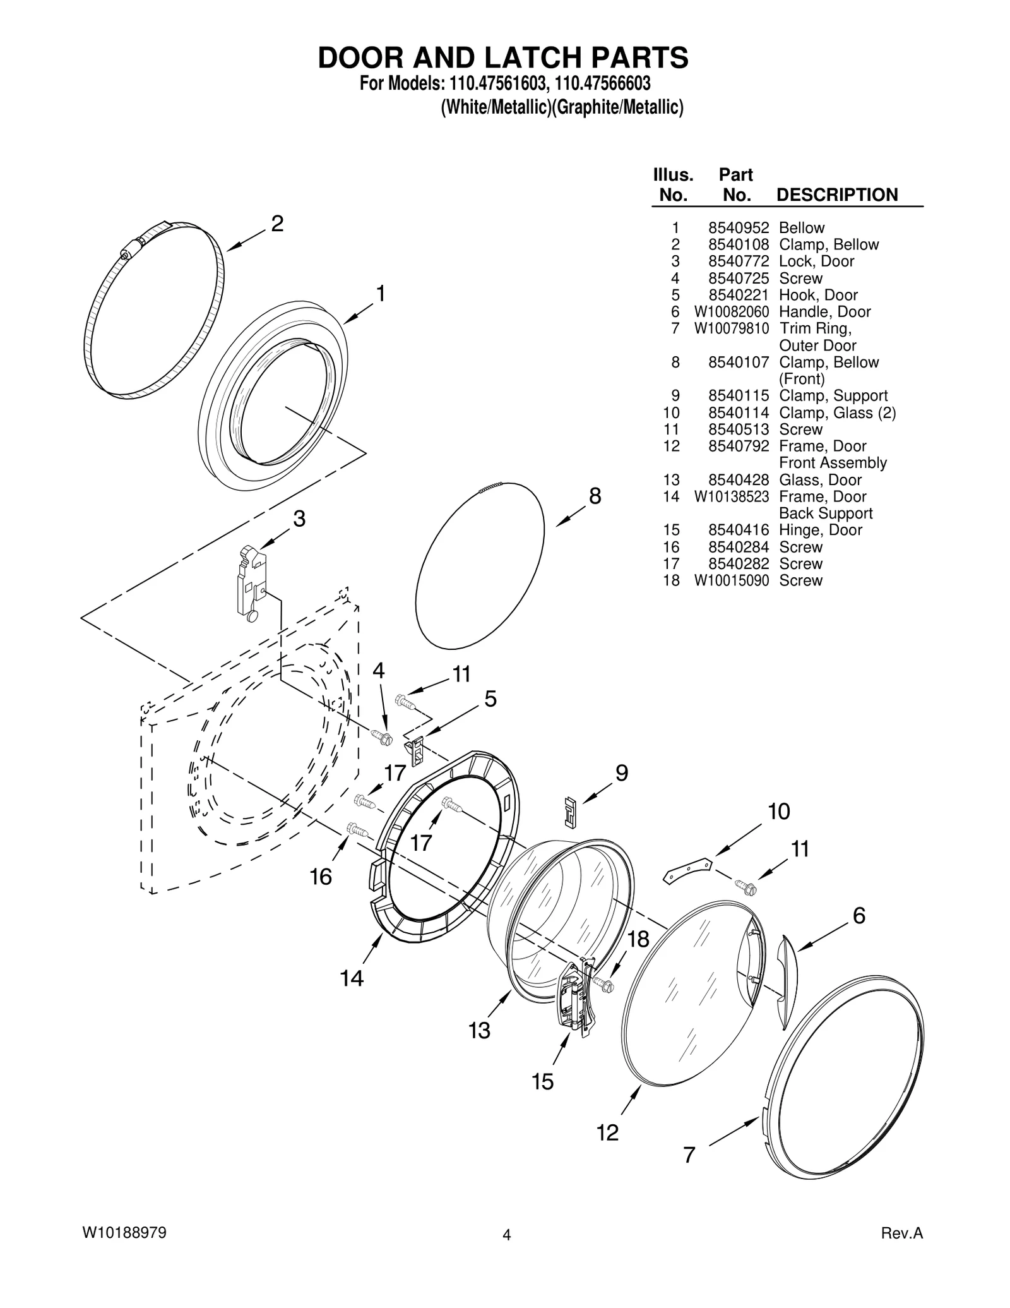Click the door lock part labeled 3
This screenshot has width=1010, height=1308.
pyautogui.click(x=249, y=582)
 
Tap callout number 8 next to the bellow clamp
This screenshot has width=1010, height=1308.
pyautogui.click(x=595, y=496)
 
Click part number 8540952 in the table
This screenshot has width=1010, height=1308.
pyautogui.click(x=738, y=228)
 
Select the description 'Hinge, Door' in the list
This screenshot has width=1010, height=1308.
pyautogui.click(x=820, y=530)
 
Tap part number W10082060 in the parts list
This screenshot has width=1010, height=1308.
pyautogui.click(x=732, y=312)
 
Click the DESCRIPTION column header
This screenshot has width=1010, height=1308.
pyautogui.click(x=836, y=195)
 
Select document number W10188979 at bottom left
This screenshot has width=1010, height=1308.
pyautogui.click(x=124, y=1233)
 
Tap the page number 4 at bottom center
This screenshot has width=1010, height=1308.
pyautogui.click(x=506, y=1235)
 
